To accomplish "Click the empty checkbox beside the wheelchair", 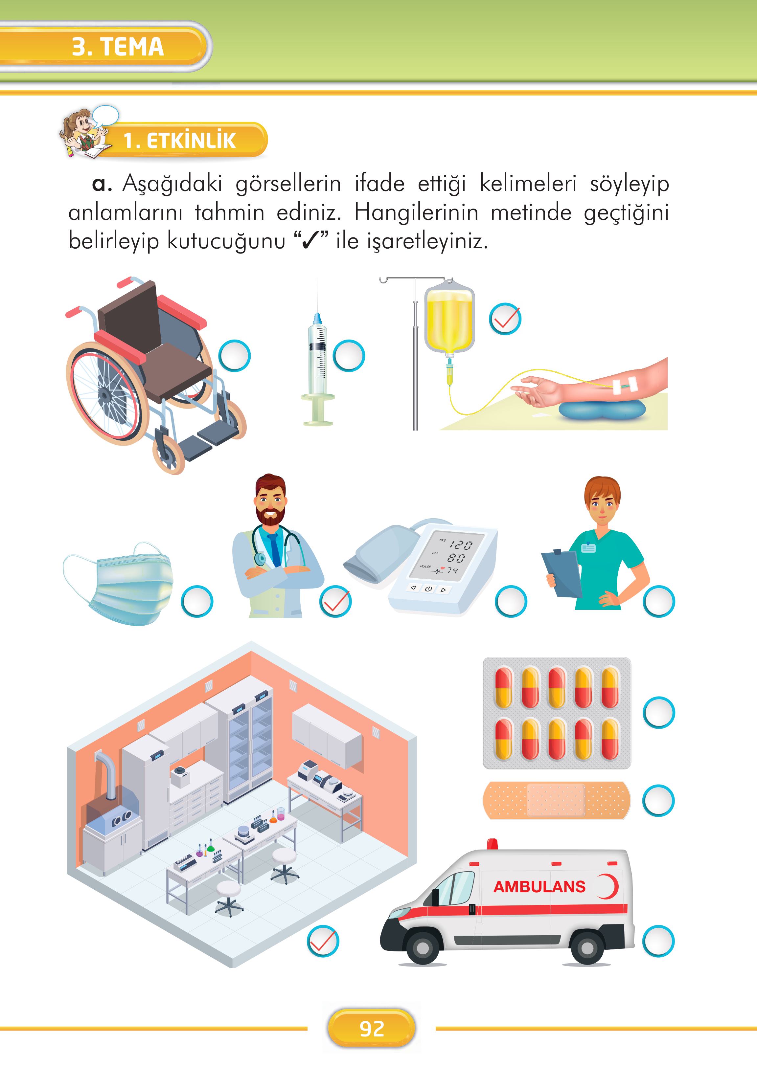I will [235, 356].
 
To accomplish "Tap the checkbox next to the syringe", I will [348, 356].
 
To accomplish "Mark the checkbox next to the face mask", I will [197, 601].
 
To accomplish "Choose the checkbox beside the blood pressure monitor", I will [511, 601].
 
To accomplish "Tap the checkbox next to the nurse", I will [659, 601].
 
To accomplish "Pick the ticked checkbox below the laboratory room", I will [323, 941].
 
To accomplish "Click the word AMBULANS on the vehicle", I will [539, 886].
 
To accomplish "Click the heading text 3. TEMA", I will [118, 47].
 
